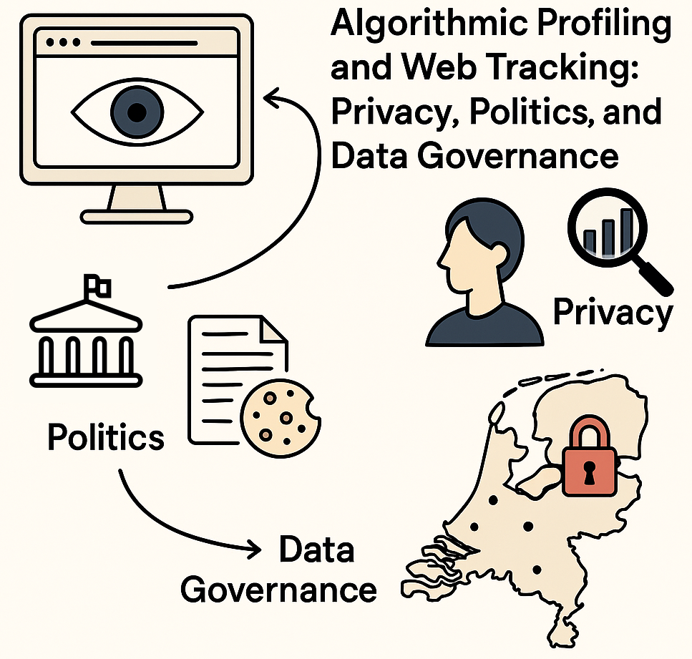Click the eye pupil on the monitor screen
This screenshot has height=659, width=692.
click(138, 112)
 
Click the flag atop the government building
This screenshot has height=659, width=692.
click(95, 285)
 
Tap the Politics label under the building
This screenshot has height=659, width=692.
click(105, 436)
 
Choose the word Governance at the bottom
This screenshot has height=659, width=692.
click(278, 590)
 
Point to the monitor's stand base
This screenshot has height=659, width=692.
click(136, 215)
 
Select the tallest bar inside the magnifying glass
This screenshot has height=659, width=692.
click(627, 228)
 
